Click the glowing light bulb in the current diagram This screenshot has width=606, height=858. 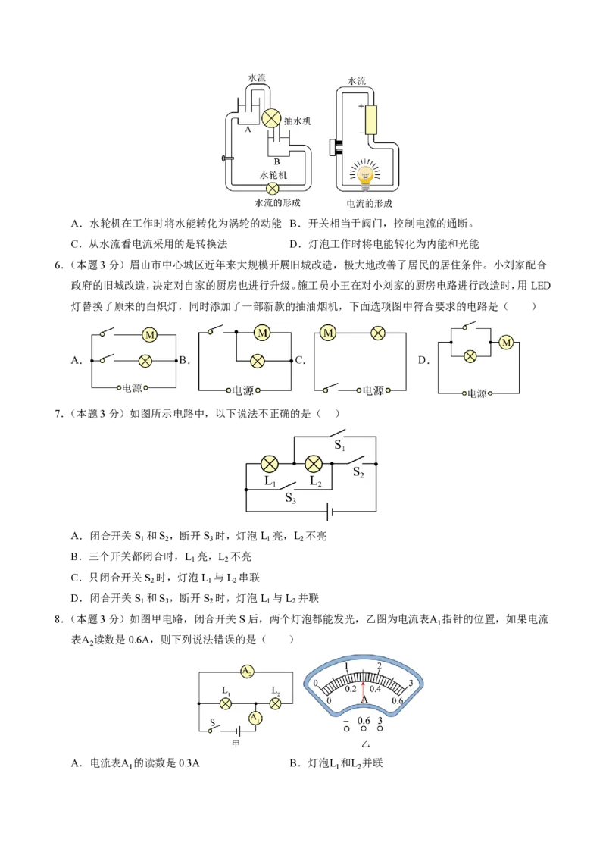click(x=364, y=174)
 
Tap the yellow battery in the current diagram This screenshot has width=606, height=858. click(x=371, y=121)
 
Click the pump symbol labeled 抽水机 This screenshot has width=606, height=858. click(x=271, y=119)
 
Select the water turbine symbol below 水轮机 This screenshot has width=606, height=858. click(x=272, y=189)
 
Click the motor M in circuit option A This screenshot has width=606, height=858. click(x=150, y=335)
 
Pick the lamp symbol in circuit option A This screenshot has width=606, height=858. click(x=145, y=361)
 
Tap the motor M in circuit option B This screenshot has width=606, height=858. click(x=263, y=332)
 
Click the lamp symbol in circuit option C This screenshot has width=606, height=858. click(x=378, y=332)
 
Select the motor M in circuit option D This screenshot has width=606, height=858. click(x=507, y=343)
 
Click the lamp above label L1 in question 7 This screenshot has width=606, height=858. click(x=269, y=464)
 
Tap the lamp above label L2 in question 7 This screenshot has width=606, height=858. click(x=314, y=464)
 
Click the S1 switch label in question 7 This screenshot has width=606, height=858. click(x=339, y=446)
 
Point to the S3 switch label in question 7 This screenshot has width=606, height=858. click(x=290, y=498)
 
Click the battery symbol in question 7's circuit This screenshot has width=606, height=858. click(x=330, y=512)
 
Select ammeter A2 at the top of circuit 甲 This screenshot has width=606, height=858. click(x=247, y=672)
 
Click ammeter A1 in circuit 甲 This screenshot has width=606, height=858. click(x=255, y=718)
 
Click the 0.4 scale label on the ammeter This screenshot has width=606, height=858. click(x=375, y=689)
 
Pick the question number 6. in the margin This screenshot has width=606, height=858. click(x=58, y=265)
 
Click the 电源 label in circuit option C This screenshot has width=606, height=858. click(x=373, y=390)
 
